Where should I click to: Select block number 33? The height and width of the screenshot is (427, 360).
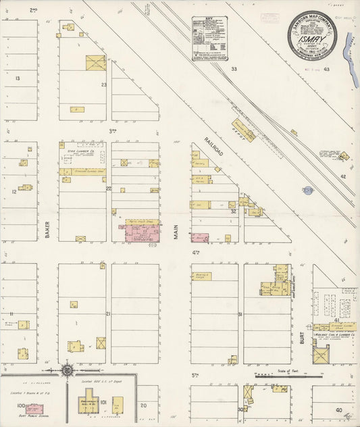click(234, 69)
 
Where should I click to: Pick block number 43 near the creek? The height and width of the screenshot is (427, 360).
click(326, 69)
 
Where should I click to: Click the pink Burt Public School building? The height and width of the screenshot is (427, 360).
click(34, 408)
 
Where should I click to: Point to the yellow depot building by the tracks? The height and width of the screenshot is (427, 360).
click(243, 130)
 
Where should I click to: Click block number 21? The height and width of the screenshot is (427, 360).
click(108, 313)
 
